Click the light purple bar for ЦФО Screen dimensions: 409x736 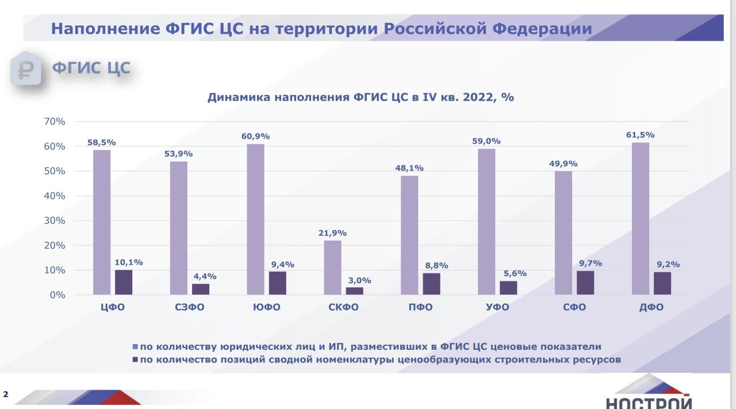(101, 222)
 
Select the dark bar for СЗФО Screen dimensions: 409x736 (201, 289)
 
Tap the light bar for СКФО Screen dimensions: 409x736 (332, 268)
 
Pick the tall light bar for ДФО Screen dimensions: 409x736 (640, 219)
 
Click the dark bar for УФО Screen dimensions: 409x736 (508, 288)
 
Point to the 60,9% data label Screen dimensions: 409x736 (256, 136)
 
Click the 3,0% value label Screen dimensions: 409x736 (359, 281)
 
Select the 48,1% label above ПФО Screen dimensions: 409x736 (409, 168)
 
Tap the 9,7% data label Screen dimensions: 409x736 (591, 263)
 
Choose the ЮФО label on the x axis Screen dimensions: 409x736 (266, 307)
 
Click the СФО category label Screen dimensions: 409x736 (574, 307)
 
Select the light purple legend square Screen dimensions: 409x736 (135, 346)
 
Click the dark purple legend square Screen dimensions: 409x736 (135, 360)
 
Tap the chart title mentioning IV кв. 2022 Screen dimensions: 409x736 (361, 97)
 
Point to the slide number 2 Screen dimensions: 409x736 (6, 394)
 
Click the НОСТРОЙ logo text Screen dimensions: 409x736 (648, 402)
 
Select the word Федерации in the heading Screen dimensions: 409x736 (541, 29)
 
